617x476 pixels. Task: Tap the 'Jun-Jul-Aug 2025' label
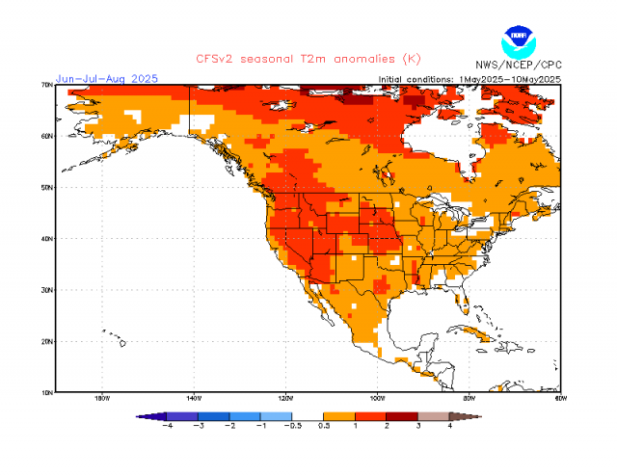click(x=106, y=78)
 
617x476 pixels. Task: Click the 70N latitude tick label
click(x=46, y=85)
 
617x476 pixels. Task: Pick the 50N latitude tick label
click(x=46, y=187)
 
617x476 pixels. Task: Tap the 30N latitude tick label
click(x=46, y=289)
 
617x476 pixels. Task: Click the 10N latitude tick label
click(x=46, y=392)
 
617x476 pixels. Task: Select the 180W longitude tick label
click(x=101, y=398)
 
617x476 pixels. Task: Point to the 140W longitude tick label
click(x=193, y=398)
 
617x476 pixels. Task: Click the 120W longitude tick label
click(x=285, y=398)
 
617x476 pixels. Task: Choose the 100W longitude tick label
click(x=377, y=398)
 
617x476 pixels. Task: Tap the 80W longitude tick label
click(x=469, y=398)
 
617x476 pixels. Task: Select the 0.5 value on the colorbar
click(x=323, y=426)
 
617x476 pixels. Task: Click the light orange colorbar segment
click(x=338, y=416)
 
